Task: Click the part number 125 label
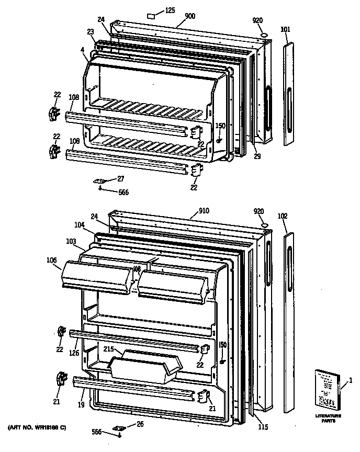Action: click(170, 10)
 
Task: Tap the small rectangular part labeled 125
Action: click(152, 15)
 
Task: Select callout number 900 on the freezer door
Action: click(189, 16)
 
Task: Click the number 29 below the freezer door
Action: click(256, 156)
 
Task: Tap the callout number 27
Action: click(120, 178)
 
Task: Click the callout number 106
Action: click(52, 259)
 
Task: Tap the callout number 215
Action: click(108, 348)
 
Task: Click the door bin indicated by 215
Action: click(144, 366)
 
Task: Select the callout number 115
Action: click(263, 427)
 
